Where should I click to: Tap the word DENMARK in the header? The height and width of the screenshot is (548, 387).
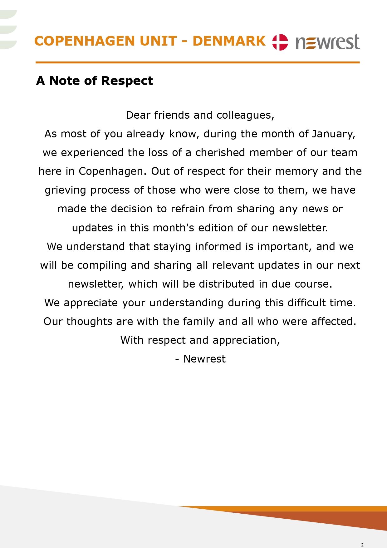[229, 41]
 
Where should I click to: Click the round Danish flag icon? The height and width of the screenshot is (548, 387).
[280, 42]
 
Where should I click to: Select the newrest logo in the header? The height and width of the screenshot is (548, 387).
[327, 42]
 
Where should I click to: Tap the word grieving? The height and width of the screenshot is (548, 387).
[65, 190]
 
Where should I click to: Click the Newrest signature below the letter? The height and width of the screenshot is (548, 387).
[204, 359]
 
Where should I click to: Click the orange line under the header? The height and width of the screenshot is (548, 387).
[198, 62]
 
